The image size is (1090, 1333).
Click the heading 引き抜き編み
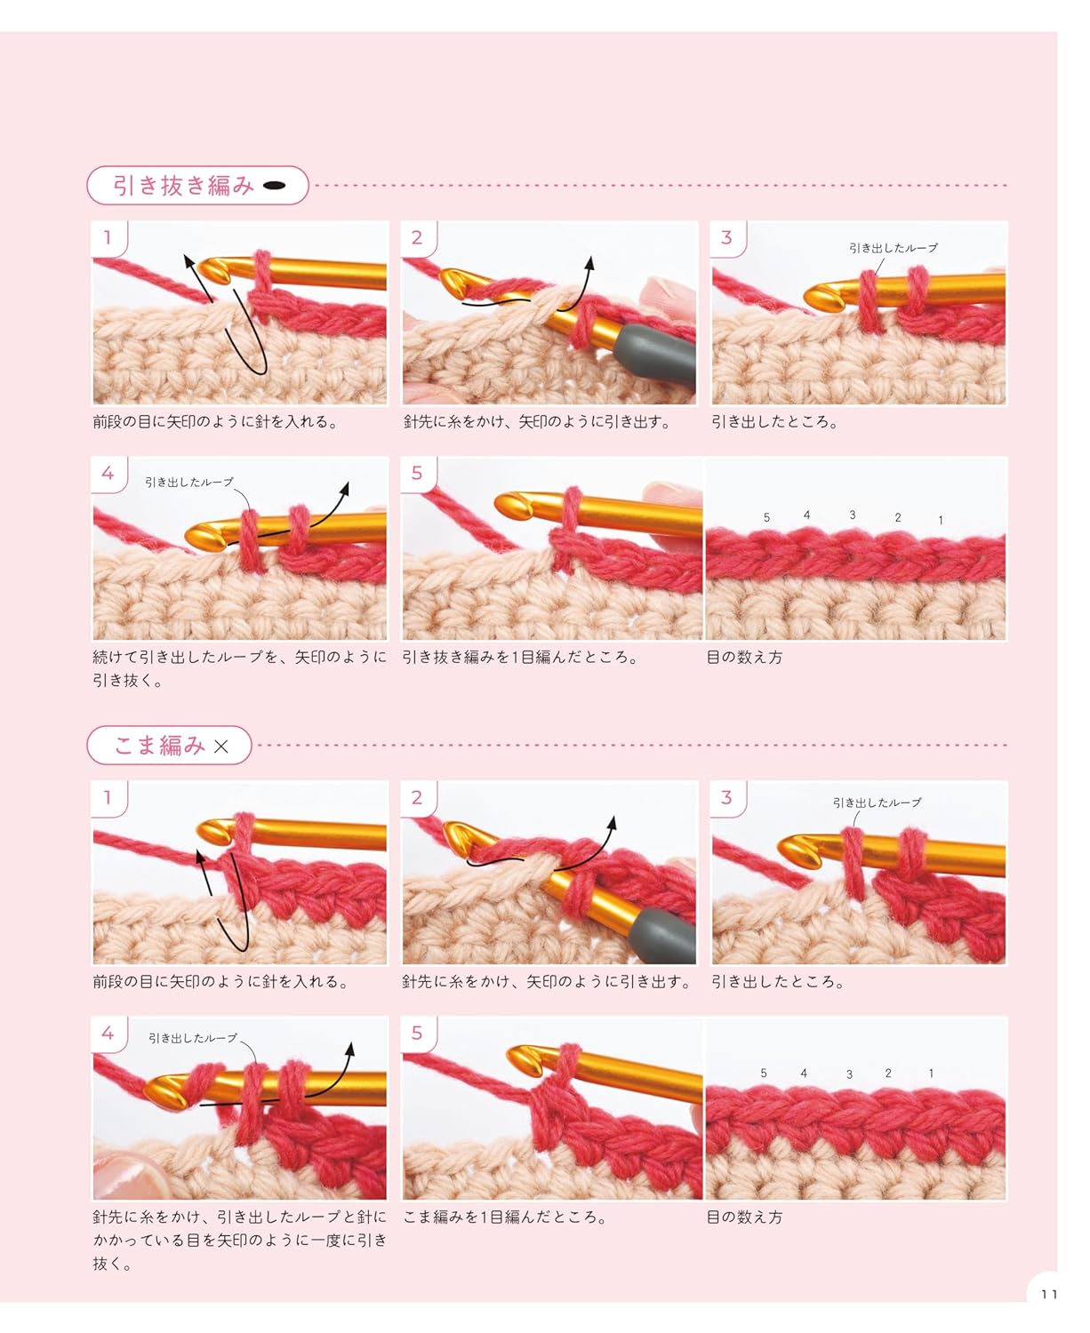click(x=183, y=186)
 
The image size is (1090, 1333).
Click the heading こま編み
click(x=159, y=746)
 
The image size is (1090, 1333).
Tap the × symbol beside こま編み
click(x=221, y=746)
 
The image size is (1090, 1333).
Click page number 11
click(x=1049, y=1294)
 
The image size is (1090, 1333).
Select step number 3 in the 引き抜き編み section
click(x=726, y=237)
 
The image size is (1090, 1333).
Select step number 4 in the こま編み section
click(x=108, y=1033)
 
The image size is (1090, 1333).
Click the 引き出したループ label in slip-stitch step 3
click(x=893, y=248)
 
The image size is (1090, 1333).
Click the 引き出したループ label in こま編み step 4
click(x=192, y=1038)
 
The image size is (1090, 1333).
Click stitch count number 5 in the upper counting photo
click(x=766, y=517)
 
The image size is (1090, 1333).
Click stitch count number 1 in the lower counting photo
click(x=931, y=1074)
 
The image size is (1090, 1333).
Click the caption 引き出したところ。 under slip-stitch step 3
click(x=774, y=422)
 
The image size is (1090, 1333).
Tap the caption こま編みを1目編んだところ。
click(x=505, y=1217)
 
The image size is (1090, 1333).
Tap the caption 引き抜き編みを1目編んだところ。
click(x=520, y=658)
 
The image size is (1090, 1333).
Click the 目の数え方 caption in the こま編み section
click(x=744, y=1217)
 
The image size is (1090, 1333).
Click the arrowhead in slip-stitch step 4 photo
click(x=345, y=488)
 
